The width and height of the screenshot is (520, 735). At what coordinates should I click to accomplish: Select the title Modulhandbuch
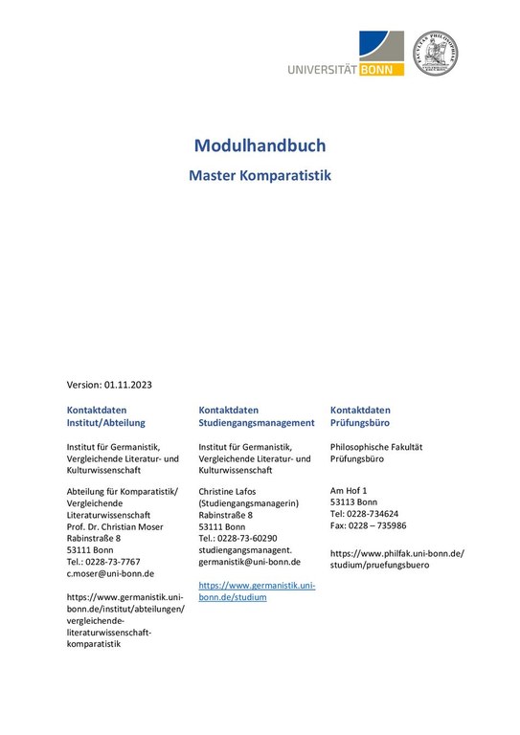click(x=260, y=145)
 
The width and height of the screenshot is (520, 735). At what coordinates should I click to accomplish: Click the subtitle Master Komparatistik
click(x=260, y=176)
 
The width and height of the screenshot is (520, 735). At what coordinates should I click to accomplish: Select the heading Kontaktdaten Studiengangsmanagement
click(x=257, y=415)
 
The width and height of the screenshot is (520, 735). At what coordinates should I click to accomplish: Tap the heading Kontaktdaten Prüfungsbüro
click(x=360, y=415)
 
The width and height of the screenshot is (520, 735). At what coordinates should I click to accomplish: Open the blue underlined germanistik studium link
click(x=257, y=590)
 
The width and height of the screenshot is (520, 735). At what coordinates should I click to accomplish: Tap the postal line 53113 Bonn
click(x=353, y=501)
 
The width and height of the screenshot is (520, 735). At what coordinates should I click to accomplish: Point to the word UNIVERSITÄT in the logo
click(x=322, y=68)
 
